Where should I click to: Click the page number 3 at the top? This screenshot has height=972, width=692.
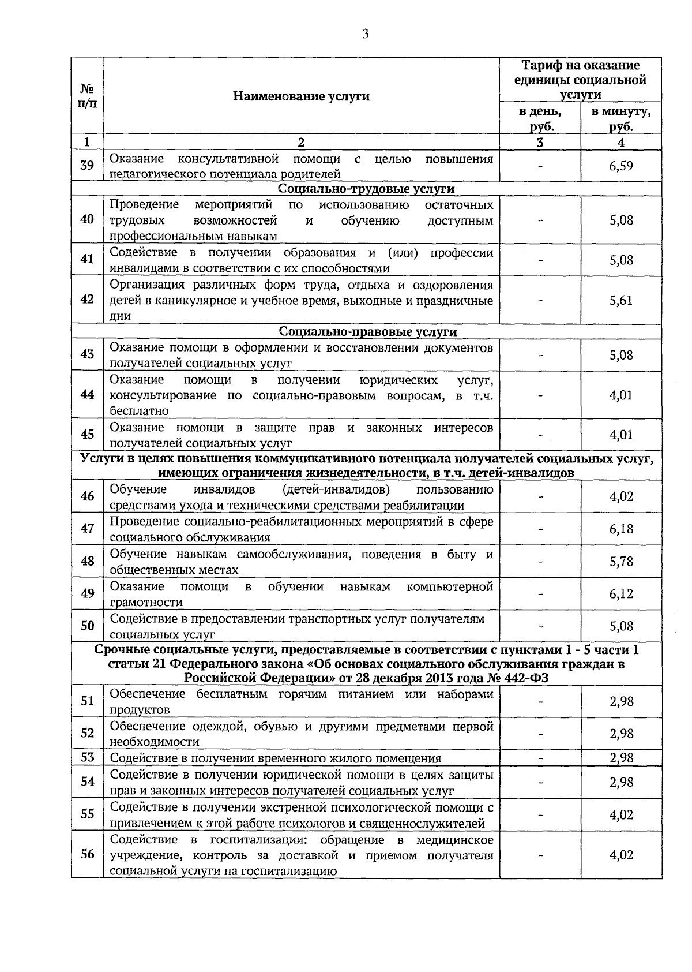365,34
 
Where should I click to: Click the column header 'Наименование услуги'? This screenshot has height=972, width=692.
301,96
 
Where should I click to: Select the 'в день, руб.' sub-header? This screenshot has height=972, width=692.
540,119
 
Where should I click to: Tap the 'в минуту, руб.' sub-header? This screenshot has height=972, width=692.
621,119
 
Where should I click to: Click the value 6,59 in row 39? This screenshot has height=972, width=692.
621,166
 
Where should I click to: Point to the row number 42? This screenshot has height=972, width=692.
87,300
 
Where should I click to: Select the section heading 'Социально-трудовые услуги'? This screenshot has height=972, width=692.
366,189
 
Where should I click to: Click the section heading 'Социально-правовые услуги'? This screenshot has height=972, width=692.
367,332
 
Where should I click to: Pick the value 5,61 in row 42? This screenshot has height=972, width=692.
621,300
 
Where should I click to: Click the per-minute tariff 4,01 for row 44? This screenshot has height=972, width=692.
621,395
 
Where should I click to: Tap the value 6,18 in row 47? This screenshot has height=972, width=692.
621,529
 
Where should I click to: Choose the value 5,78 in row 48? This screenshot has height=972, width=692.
621,561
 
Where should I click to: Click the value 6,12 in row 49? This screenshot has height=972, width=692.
621,594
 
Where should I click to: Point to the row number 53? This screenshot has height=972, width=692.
87,757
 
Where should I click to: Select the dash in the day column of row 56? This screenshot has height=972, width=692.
540,855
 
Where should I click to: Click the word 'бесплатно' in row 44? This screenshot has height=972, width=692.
139,411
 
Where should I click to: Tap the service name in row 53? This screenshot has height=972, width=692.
275,758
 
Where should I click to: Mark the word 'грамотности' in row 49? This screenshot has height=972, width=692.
146,602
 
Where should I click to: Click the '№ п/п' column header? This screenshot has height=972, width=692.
87,96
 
